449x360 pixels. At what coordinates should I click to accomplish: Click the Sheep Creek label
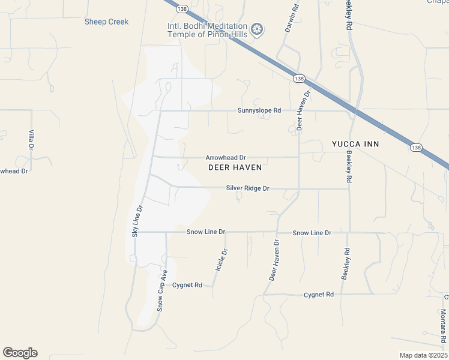pos(106,22)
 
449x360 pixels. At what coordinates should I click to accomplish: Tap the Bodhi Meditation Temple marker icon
pos(257,29)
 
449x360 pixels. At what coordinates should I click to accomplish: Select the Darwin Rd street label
pos(292,18)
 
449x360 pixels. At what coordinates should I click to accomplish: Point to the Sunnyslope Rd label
pos(259,110)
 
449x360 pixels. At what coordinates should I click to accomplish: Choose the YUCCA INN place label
pos(355,145)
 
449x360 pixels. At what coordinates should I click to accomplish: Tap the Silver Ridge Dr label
pos(247,188)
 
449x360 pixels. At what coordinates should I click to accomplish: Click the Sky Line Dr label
pos(137,221)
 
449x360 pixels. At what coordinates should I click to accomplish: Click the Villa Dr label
pos(31,140)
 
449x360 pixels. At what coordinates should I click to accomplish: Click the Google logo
pos(20,353)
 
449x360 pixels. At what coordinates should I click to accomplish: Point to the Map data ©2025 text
pos(423,355)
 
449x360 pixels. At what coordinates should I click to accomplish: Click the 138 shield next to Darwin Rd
pos(298,79)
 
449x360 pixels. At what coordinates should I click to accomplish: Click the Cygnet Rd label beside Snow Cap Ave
pos(187,285)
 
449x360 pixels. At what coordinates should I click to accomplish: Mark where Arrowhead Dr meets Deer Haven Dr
pos(298,157)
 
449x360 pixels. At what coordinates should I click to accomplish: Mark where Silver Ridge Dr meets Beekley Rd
pos(349,189)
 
